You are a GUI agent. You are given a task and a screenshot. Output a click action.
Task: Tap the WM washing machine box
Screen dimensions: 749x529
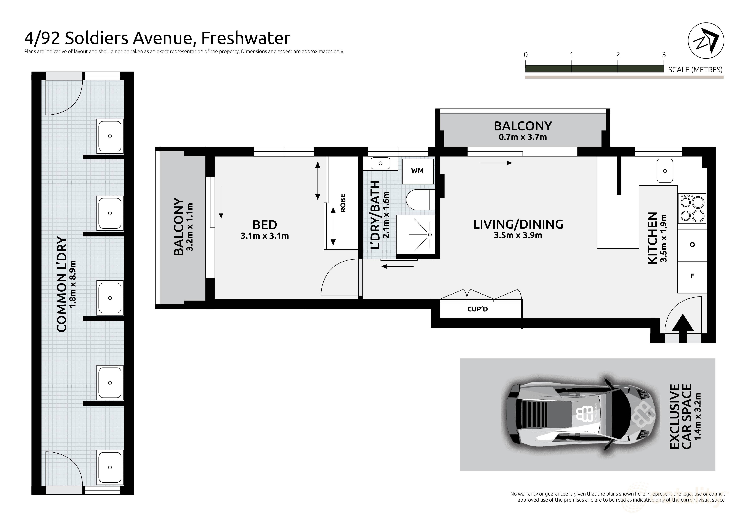tap(418, 171)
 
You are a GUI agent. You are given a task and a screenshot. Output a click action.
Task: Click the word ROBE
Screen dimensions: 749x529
tap(343, 203)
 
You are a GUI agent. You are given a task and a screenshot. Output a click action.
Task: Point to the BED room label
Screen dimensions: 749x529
tap(265, 225)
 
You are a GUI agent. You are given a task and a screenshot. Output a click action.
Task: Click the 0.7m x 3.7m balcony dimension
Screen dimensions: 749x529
tap(523, 137)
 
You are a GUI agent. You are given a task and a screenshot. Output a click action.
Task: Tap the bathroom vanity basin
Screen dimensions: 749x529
tap(380, 163)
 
